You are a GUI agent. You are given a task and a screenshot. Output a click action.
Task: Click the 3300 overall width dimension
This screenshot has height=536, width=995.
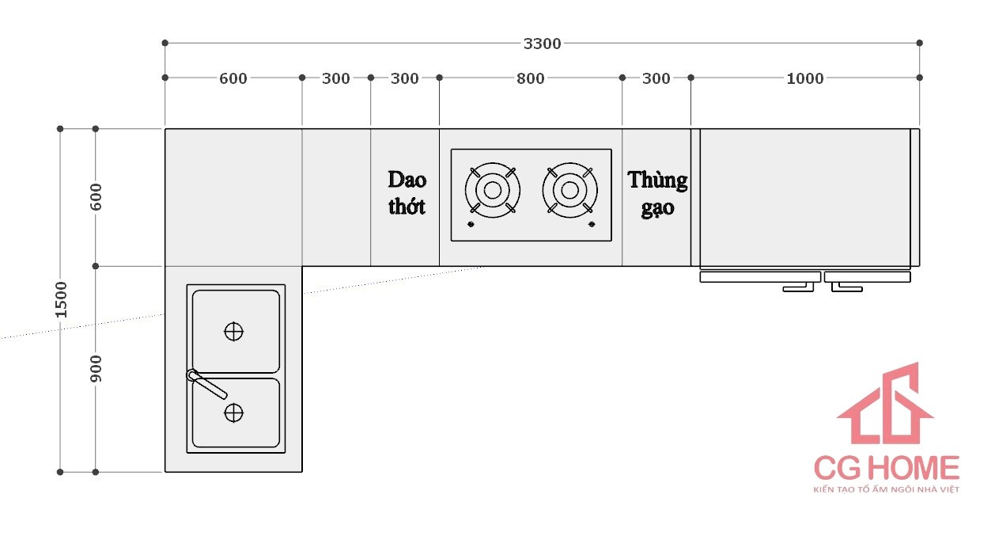tap(542, 44)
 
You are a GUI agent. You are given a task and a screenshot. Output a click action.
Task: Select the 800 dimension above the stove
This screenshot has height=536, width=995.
tap(530, 78)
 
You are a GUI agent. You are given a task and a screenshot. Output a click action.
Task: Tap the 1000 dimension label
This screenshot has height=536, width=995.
tap(804, 78)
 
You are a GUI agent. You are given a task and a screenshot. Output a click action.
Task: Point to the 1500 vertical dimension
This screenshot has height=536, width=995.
tap(61, 299)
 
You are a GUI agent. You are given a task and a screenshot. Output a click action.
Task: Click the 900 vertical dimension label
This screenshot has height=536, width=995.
tap(96, 369)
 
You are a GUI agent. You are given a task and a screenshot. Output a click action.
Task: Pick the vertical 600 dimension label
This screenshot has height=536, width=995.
tap(96, 196)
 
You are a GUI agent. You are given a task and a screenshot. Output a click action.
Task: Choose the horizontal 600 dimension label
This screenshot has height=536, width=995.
tap(233, 78)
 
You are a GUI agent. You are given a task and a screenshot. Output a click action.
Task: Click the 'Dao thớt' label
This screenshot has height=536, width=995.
tap(407, 192)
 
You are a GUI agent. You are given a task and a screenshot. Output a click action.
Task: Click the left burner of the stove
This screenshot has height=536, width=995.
tap(492, 190)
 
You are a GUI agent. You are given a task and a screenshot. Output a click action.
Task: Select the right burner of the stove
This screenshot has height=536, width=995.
tap(569, 190)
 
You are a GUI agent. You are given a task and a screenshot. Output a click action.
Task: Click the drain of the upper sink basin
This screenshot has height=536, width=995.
tap(233, 332)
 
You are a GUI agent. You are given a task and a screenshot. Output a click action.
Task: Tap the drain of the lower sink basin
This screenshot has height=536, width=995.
tap(233, 412)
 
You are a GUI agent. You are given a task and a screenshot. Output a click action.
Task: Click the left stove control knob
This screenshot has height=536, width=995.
tap(471, 226)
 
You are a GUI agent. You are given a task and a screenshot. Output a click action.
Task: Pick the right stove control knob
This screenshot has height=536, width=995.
tap(592, 226)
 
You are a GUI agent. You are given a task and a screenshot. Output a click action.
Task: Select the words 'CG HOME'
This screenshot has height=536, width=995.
tap(887, 468)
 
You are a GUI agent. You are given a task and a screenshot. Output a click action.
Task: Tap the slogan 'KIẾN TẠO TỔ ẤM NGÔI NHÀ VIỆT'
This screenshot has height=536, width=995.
tap(886, 490)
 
